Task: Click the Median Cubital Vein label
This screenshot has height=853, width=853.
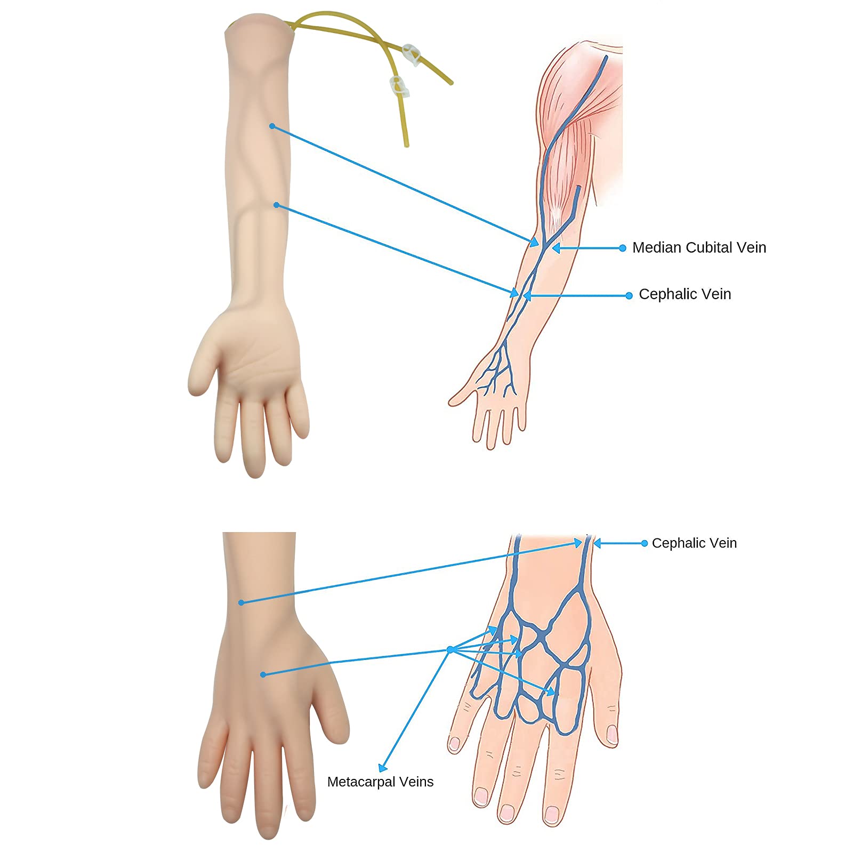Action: [x=699, y=247]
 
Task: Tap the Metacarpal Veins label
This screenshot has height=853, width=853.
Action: [x=380, y=782]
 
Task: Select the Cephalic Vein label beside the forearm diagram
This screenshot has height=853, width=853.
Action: [x=685, y=294]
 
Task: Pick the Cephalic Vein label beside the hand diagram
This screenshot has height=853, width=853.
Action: [x=694, y=543]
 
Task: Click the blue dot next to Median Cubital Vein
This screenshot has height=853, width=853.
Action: [x=622, y=248]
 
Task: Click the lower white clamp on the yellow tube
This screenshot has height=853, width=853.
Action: [x=398, y=85]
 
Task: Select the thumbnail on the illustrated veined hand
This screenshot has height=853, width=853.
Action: [x=613, y=734]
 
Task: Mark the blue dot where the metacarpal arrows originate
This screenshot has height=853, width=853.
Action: [x=450, y=649]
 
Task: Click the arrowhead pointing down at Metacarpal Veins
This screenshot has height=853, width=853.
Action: [x=382, y=768]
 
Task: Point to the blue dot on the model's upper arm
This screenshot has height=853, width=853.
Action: [x=272, y=126]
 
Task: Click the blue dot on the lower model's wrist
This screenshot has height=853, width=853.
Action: [x=241, y=602]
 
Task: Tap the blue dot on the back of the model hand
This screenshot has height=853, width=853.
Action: [x=263, y=674]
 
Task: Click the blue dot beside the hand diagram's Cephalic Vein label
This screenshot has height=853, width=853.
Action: [x=645, y=543]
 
